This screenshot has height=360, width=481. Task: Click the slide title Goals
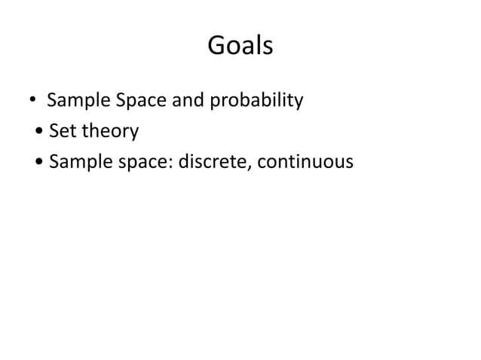pos(240,47)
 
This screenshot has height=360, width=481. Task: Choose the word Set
pos(63,131)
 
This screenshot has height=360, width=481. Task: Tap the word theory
pos(109,132)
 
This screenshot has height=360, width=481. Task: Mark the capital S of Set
pos(54,131)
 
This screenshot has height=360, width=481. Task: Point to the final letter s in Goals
pos(266,48)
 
